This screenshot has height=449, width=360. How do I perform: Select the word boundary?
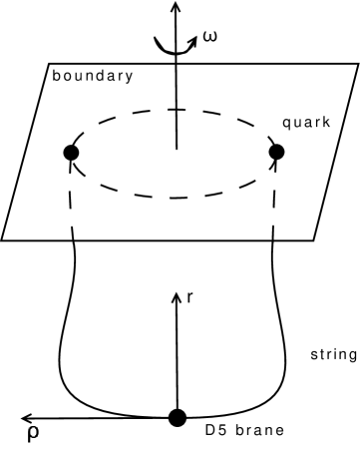click(x=93, y=76)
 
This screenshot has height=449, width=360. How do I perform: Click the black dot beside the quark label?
click(x=277, y=152)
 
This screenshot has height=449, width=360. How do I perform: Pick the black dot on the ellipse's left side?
click(x=71, y=152)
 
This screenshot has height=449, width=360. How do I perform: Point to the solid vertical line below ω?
click(x=176, y=100)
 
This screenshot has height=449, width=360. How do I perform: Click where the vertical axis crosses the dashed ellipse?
click(x=176, y=109)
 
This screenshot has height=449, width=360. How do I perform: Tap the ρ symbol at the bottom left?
click(x=33, y=435)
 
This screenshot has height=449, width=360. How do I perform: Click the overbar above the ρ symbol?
click(x=33, y=421)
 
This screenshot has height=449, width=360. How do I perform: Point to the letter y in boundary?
click(x=129, y=78)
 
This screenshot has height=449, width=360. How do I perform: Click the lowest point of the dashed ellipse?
click(x=176, y=197)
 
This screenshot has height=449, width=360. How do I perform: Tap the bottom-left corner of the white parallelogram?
click(x=4, y=238)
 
